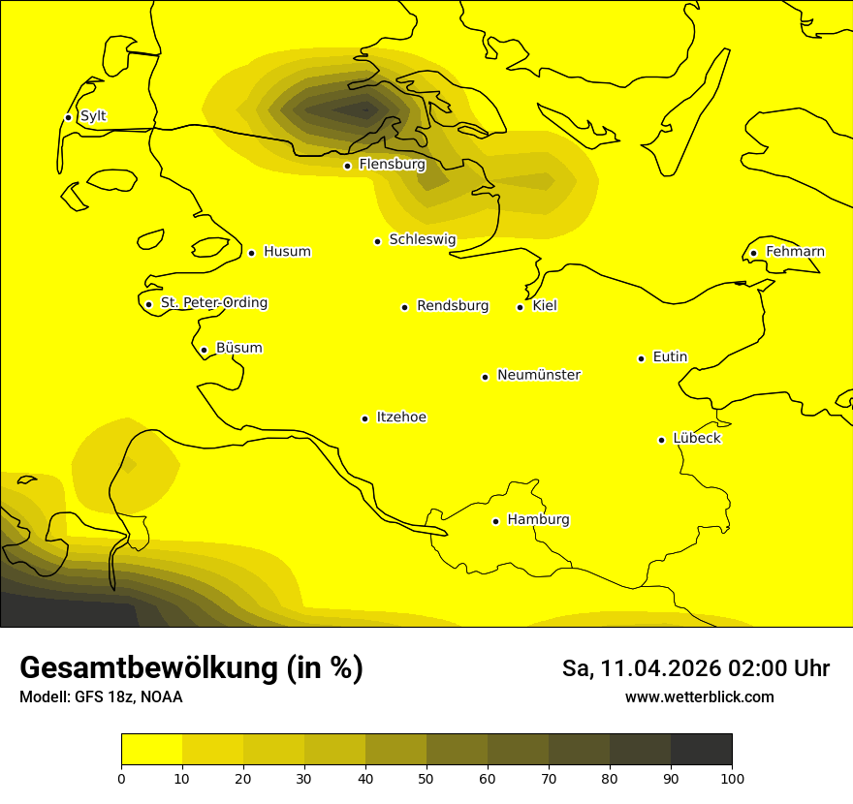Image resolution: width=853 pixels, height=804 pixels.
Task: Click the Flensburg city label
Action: tap(392, 165)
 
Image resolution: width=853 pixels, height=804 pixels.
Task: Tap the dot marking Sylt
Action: tap(68, 117)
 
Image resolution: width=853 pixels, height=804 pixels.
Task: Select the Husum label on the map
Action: tap(287, 252)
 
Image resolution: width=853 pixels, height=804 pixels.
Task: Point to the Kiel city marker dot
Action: tap(520, 307)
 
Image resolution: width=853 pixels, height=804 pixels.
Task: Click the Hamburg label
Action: tap(538, 520)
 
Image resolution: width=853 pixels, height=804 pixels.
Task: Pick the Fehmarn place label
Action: tap(795, 252)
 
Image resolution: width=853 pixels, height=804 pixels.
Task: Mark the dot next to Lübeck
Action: tap(662, 440)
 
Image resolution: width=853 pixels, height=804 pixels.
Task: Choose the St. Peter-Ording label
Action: tap(213, 303)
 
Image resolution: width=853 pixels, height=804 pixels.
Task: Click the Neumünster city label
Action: tap(539, 375)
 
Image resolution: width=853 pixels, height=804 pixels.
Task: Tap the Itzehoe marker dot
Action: tap(364, 418)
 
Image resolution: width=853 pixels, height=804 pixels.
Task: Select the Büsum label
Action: tap(238, 349)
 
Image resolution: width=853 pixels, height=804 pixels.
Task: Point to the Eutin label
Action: tap(670, 357)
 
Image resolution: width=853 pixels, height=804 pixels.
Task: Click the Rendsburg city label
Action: tap(453, 306)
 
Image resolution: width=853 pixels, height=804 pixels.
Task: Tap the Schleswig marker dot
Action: tap(377, 241)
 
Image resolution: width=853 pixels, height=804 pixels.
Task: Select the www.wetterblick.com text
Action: tap(699, 697)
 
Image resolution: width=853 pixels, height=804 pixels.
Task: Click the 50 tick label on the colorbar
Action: tap(426, 778)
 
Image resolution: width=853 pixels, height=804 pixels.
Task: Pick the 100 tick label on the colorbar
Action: tap(732, 778)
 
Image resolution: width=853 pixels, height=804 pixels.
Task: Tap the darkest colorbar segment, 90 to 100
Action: tap(701, 749)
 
